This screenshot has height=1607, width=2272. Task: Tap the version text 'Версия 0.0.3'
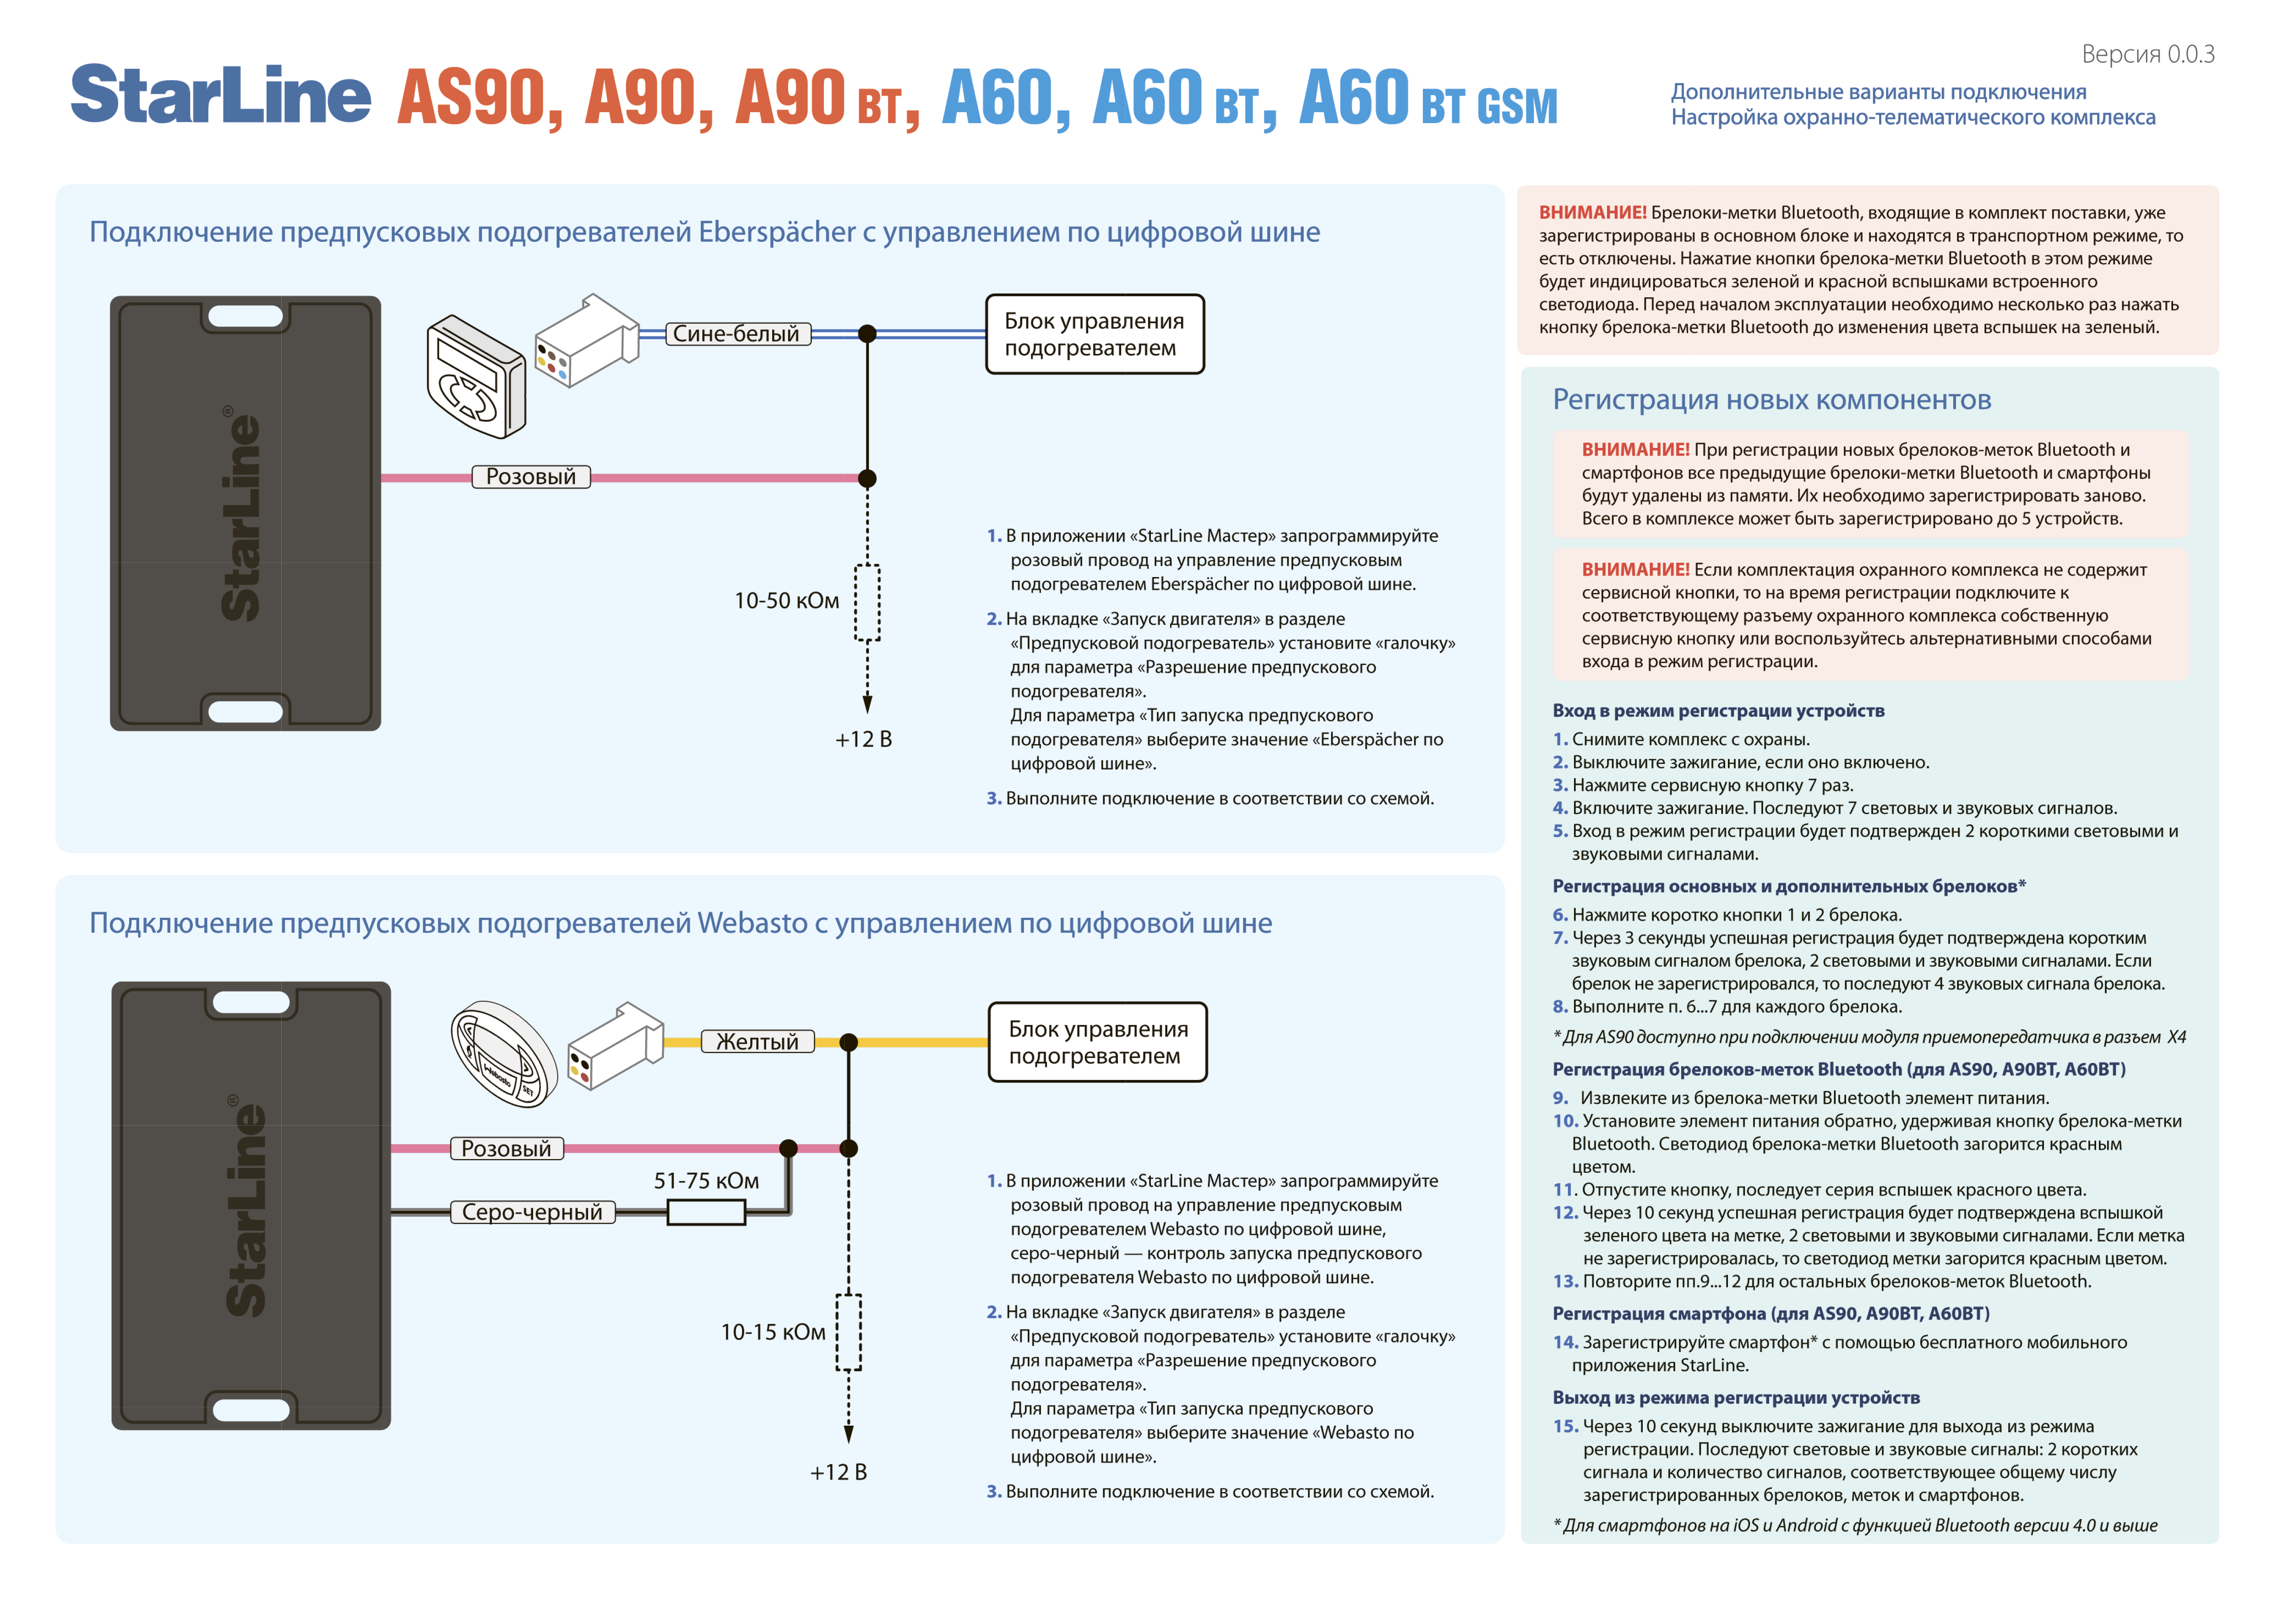pyautogui.click(x=2147, y=54)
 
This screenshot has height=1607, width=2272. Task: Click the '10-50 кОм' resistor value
pyautogui.click(x=787, y=601)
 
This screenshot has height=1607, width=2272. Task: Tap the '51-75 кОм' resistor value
pyautogui.click(x=707, y=1181)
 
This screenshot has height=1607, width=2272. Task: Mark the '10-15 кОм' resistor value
pyautogui.click(x=773, y=1332)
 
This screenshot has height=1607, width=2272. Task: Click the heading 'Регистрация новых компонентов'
pyautogui.click(x=1771, y=400)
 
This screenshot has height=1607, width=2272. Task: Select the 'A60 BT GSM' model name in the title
pyautogui.click(x=1427, y=99)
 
